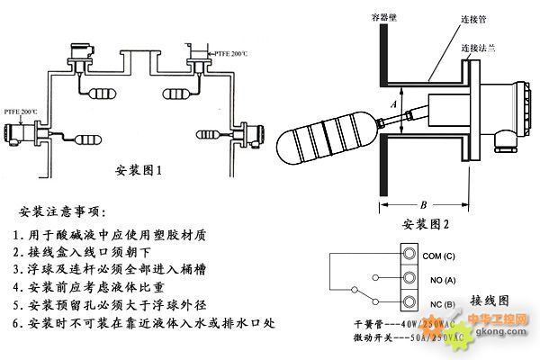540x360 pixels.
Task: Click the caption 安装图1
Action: (x=139, y=169)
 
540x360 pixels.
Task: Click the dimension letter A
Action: (x=393, y=105)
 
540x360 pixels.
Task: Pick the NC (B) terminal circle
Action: (x=411, y=301)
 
